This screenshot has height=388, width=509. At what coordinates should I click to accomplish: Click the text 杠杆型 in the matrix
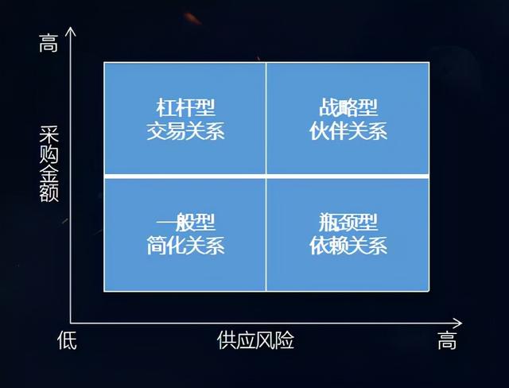pyautogui.click(x=185, y=107)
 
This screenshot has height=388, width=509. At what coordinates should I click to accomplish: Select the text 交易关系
pyautogui.click(x=185, y=131)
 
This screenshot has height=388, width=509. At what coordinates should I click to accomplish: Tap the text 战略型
pyautogui.click(x=348, y=107)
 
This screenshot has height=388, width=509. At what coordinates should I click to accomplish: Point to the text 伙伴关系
pyautogui.click(x=348, y=131)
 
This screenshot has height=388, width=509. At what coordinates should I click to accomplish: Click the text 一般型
pyautogui.click(x=185, y=222)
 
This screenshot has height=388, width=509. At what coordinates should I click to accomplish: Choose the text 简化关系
pyautogui.click(x=185, y=246)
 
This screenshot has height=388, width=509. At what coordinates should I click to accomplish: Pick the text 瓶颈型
pyautogui.click(x=348, y=222)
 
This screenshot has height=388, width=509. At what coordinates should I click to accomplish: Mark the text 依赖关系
pyautogui.click(x=348, y=246)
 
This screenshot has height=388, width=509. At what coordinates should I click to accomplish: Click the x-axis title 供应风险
pyautogui.click(x=255, y=340)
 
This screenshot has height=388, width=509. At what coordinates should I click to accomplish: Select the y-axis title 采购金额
pyautogui.click(x=49, y=164)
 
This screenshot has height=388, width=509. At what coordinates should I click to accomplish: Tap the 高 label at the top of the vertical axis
pyautogui.click(x=49, y=43)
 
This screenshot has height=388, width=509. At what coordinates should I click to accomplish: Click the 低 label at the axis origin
pyautogui.click(x=67, y=340)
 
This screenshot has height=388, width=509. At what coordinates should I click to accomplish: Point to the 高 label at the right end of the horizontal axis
pyautogui.click(x=447, y=340)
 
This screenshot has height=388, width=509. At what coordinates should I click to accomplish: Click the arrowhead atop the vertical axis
pyautogui.click(x=71, y=31)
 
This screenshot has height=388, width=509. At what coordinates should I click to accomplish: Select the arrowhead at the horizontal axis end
pyautogui.click(x=457, y=323)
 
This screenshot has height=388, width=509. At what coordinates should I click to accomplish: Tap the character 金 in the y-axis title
pyautogui.click(x=49, y=173)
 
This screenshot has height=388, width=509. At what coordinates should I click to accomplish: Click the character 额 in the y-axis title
pyautogui.click(x=49, y=193)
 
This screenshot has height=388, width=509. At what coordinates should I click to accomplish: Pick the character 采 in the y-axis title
pyautogui.click(x=49, y=134)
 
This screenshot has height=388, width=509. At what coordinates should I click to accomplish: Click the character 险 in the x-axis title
pyautogui.click(x=285, y=340)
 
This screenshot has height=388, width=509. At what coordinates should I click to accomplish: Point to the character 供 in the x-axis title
pyautogui.click(x=227, y=340)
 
